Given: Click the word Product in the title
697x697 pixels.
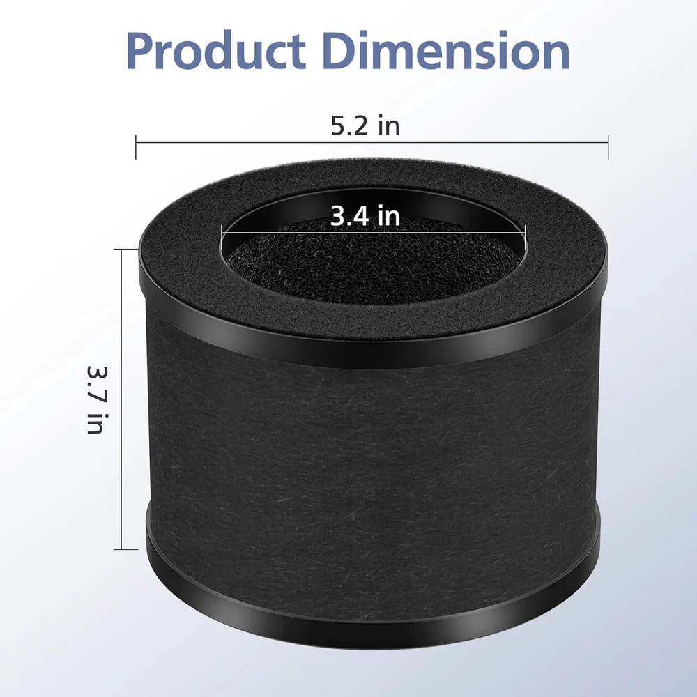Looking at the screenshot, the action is point(215,50).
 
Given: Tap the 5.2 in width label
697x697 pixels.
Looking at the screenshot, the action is point(365,125).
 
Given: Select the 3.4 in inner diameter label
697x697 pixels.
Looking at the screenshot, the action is point(365,216).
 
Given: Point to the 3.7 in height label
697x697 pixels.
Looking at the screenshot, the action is point(95,399).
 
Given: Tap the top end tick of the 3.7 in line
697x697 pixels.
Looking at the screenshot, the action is point(125,250).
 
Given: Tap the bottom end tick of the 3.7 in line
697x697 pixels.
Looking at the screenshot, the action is point(125,549).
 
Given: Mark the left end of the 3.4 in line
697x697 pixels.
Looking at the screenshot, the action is point(222,231).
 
